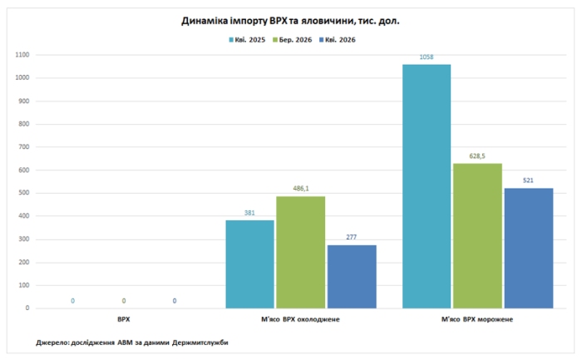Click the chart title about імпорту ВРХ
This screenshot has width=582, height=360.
pyautogui.click(x=290, y=21)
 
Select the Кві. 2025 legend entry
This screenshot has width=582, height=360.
pyautogui.click(x=247, y=40)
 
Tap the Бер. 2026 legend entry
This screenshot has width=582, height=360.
pyautogui.click(x=292, y=40)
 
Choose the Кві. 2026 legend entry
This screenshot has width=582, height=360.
pyautogui.click(x=337, y=40)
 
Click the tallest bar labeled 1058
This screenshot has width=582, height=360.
pyautogui.click(x=427, y=186)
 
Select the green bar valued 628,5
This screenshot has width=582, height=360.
pyautogui.click(x=477, y=235)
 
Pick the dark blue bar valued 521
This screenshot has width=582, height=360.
pyautogui.click(x=529, y=249)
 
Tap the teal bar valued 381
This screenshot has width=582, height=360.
pyautogui.click(x=249, y=264)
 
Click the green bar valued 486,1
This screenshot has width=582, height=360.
pyautogui.click(x=301, y=253)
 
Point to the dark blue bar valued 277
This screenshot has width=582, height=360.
pyautogui.click(x=352, y=277)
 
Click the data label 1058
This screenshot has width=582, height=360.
pyautogui.click(x=427, y=57)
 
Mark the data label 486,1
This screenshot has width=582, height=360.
pyautogui.click(x=301, y=189)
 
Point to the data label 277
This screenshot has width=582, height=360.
pyautogui.click(x=351, y=237)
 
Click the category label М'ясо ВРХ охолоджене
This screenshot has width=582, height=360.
pyautogui.click(x=300, y=319)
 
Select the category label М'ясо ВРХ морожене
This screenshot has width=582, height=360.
pyautogui.click(x=477, y=319)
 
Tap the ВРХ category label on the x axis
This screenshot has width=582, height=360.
pyautogui.click(x=124, y=319)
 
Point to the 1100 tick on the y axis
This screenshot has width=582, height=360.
pyautogui.click(x=22, y=55)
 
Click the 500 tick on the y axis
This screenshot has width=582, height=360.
pyautogui.click(x=24, y=193)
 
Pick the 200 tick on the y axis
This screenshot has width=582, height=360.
pyautogui.click(x=24, y=263)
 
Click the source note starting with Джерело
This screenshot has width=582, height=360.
pyautogui.click(x=132, y=343)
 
